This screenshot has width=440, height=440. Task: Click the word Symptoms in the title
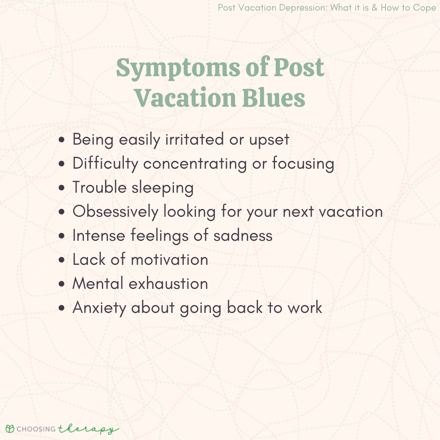(178, 68)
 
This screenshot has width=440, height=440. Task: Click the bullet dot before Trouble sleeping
(62, 188)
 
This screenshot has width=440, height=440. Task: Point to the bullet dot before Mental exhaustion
(62, 284)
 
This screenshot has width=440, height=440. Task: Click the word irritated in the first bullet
(194, 139)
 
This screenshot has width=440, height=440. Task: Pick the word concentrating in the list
(195, 163)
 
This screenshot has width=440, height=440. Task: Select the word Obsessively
(115, 211)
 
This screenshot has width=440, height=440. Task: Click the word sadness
(243, 235)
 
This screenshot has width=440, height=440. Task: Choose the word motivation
(169, 259)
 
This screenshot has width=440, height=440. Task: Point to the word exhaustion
(168, 284)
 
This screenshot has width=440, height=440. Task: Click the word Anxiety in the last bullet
(99, 308)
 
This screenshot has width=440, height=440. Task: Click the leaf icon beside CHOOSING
(10, 429)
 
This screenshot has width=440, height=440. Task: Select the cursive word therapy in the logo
(88, 429)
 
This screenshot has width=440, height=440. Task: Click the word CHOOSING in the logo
(36, 429)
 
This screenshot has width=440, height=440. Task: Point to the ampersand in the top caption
(375, 8)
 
